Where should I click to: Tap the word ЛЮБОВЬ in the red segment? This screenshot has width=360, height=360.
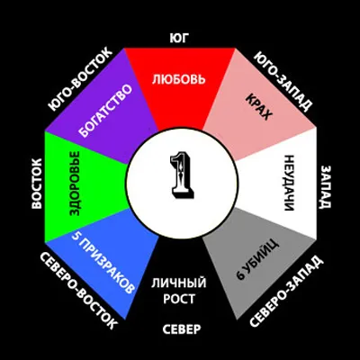click(179, 79)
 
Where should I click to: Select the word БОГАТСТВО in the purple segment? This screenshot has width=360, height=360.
click(106, 112)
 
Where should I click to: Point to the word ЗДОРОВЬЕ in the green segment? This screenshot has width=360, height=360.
click(75, 184)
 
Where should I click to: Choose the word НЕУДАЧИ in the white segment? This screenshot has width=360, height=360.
click(288, 183)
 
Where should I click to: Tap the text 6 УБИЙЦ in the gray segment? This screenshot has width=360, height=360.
click(257, 260)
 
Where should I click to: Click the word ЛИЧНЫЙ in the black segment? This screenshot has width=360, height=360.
click(179, 283)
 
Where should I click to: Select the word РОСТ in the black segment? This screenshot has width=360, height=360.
click(179, 299)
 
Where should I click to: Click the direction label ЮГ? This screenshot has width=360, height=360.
click(179, 39)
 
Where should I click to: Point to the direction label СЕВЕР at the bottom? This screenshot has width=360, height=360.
click(182, 329)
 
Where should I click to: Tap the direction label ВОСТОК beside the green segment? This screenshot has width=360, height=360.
click(37, 184)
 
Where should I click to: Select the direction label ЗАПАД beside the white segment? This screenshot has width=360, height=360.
click(327, 186)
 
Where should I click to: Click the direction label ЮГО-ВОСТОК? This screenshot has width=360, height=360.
click(80, 79)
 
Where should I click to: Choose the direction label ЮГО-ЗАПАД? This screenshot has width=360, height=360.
click(283, 82)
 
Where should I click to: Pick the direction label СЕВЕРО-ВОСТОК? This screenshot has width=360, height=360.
click(78, 291)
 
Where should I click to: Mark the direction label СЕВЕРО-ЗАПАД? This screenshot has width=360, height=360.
click(286, 292)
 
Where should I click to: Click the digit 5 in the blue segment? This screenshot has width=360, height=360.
click(76, 236)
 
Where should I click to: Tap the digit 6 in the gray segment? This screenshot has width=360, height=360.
click(240, 275)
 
